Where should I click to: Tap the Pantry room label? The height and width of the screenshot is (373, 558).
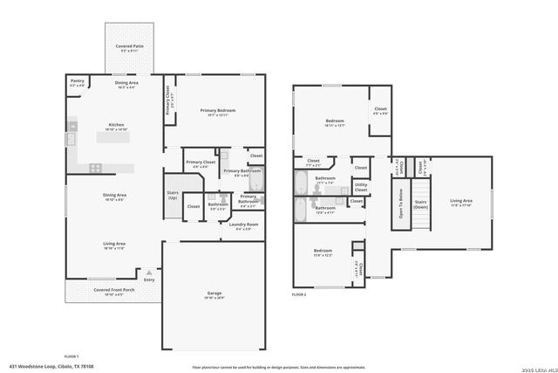(x=78, y=82)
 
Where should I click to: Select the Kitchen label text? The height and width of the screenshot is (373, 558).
(x=116, y=125)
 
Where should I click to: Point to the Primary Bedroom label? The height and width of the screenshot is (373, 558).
(x=218, y=111)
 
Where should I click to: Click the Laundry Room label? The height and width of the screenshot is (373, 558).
(x=244, y=225)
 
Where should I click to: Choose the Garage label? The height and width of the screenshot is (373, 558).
(x=214, y=294)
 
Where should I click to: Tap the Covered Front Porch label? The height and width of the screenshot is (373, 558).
(x=114, y=290)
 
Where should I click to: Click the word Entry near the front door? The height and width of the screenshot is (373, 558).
(x=149, y=280)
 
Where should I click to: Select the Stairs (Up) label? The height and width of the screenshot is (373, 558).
(x=173, y=196)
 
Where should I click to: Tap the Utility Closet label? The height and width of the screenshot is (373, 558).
(x=360, y=186)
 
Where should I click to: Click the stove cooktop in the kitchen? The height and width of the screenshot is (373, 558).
(x=95, y=168)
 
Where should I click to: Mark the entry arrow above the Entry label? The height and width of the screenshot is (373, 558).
(x=149, y=272)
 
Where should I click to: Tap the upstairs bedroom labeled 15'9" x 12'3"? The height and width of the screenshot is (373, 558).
(x=323, y=252)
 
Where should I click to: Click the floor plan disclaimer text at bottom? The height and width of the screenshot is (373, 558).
(x=279, y=367)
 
